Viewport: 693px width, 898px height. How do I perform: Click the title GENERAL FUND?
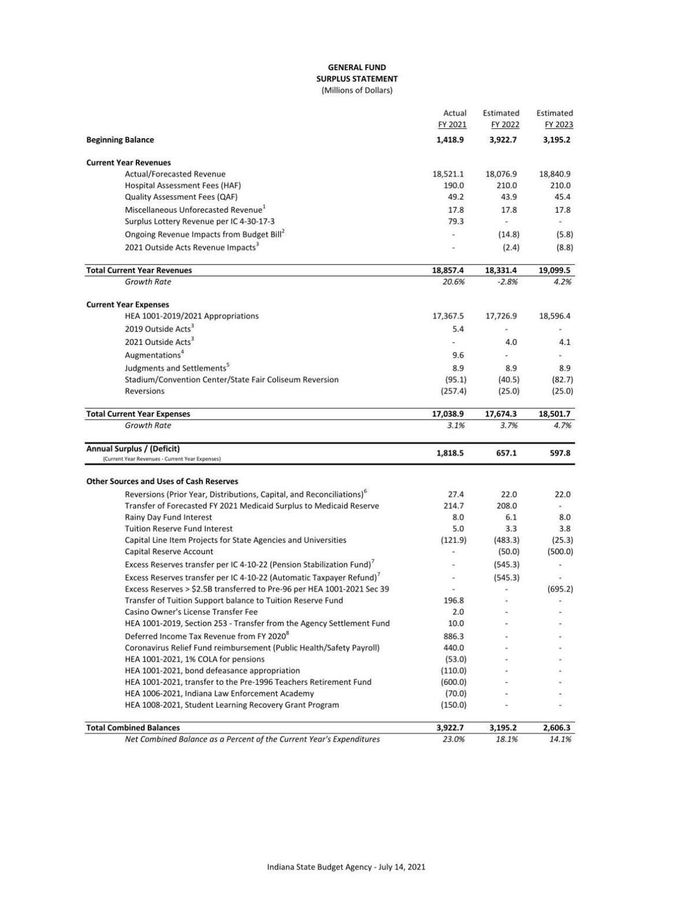pos(356,67)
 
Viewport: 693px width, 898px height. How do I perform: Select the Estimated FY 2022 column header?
pos(501,118)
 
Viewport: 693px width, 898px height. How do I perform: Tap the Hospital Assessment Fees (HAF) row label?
pos(182,185)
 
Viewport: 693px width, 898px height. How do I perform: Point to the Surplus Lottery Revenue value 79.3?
pos(456,221)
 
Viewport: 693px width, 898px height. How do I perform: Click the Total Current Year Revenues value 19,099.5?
pos(554,270)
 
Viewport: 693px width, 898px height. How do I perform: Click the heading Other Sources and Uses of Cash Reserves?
pos(162,481)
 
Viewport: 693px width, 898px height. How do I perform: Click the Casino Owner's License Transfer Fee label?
pos(191,612)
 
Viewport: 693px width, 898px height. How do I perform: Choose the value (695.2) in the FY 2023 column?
pos(560,589)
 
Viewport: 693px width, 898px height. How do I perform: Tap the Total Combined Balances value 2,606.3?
pos(557,728)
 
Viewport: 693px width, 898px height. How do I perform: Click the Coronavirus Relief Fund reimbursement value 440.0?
pos(453,648)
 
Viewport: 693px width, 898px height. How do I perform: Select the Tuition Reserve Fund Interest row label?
pos(178,529)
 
